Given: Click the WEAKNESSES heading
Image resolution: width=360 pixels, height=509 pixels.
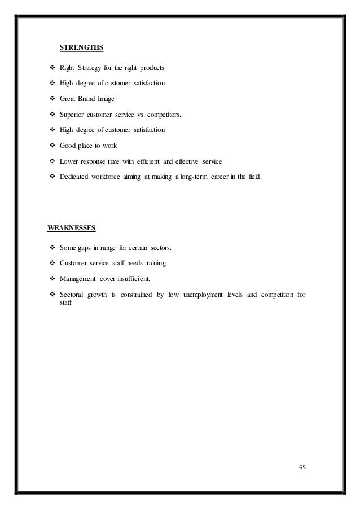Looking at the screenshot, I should pyautogui.click(x=71, y=229).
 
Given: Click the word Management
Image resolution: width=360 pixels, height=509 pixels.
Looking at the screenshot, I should pyautogui.click(x=77, y=279).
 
